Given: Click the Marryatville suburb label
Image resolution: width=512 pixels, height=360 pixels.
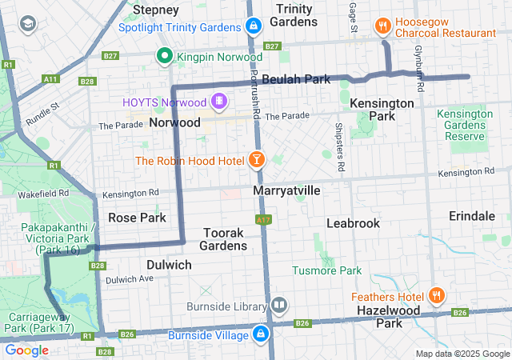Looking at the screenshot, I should [x=286, y=191].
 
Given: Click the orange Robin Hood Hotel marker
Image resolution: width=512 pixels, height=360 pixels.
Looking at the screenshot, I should [x=257, y=160].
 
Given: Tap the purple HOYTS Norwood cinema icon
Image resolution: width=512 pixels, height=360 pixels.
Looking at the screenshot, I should [x=218, y=102].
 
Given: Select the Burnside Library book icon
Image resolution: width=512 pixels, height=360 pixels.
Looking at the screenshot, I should [x=279, y=304].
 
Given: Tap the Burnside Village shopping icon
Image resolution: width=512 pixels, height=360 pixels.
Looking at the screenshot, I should [x=262, y=334].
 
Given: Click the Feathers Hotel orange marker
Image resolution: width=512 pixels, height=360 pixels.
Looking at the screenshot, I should [x=438, y=295].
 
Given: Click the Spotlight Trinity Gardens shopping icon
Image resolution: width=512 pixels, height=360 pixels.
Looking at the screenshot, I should [x=254, y=26].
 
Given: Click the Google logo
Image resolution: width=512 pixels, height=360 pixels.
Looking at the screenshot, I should [x=26, y=350].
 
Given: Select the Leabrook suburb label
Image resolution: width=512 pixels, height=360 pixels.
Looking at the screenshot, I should [x=353, y=223].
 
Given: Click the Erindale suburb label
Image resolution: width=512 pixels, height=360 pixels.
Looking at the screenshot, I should [x=471, y=217].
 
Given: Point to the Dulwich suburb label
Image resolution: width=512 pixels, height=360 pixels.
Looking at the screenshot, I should [x=169, y=264].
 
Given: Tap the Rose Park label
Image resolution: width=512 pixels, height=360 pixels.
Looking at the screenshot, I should [x=137, y=218].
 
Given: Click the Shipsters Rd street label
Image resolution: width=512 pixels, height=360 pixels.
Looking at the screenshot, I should [x=339, y=148].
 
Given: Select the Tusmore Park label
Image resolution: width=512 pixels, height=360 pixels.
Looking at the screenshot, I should [x=327, y=271].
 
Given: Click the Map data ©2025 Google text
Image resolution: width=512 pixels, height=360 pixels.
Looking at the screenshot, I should [x=462, y=354].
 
